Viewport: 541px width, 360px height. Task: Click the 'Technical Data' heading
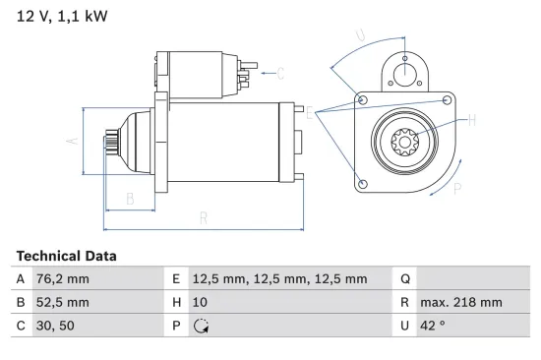coord(66,256)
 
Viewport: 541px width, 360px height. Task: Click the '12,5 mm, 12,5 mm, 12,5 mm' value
coord(278,279)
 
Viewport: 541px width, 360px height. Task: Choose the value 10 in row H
coord(199,302)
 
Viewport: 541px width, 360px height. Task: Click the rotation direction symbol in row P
coord(201,326)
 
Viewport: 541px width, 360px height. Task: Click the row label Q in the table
coord(405,279)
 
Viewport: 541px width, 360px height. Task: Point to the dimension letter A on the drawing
coord(71,141)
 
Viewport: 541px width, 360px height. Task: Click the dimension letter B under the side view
coord(130,199)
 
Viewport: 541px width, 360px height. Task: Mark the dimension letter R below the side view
coord(204,217)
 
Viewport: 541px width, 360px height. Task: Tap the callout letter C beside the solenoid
coord(279,73)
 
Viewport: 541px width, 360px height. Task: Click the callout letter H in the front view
coord(472,120)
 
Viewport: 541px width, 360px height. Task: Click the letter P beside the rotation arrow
coord(458,189)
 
